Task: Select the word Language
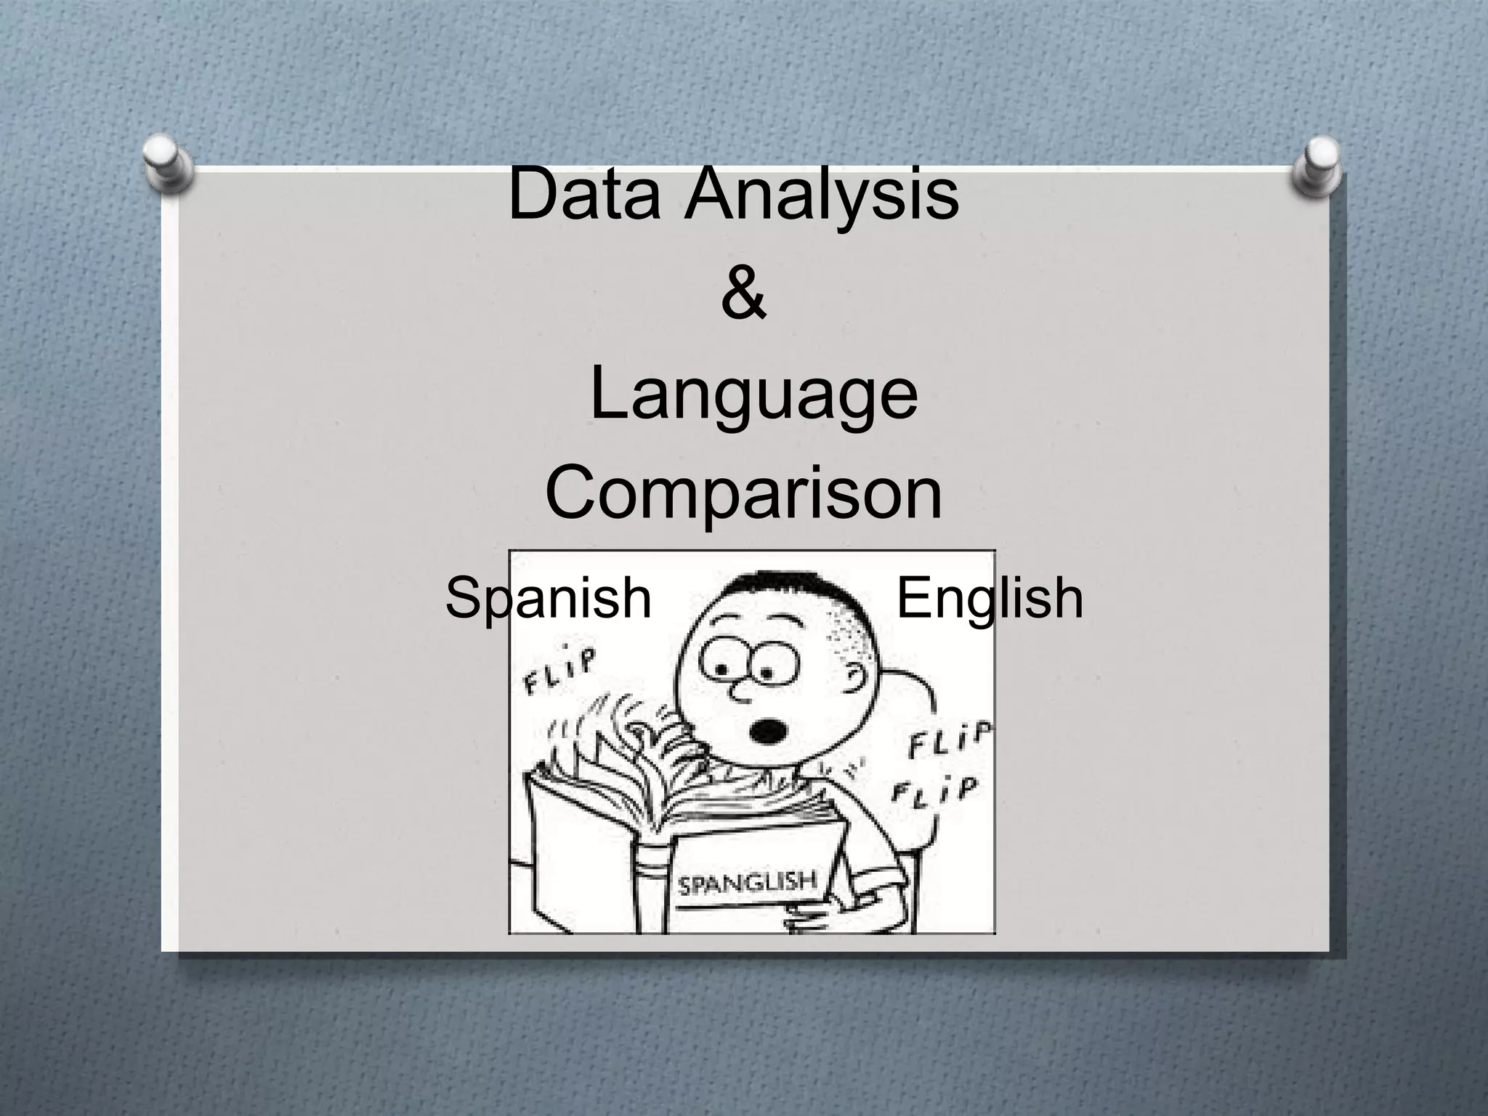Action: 753,396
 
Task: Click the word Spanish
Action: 548,598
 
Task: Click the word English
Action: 990,598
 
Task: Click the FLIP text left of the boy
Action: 560,669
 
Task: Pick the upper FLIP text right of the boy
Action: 948,741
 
